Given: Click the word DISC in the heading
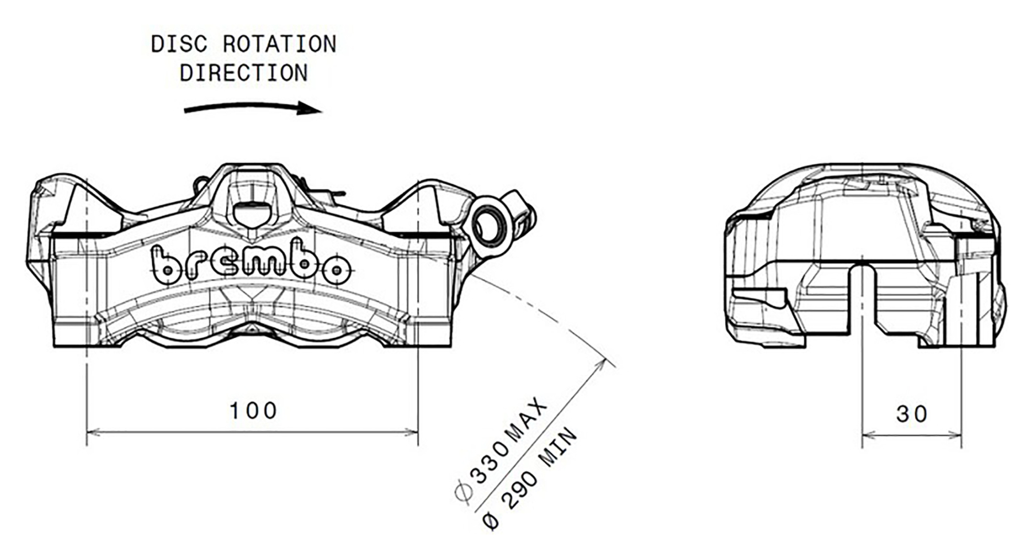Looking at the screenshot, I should (x=180, y=45).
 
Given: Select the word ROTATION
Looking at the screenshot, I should (x=279, y=45).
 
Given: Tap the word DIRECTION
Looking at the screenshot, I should (x=243, y=74).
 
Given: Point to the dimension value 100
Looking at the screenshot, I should (x=253, y=411).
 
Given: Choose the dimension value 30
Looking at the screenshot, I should (x=912, y=414).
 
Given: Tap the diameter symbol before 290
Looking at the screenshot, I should (x=491, y=521).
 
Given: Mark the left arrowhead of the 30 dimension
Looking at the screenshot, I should (x=868, y=435).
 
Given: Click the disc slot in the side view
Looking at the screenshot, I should (x=863, y=299).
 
